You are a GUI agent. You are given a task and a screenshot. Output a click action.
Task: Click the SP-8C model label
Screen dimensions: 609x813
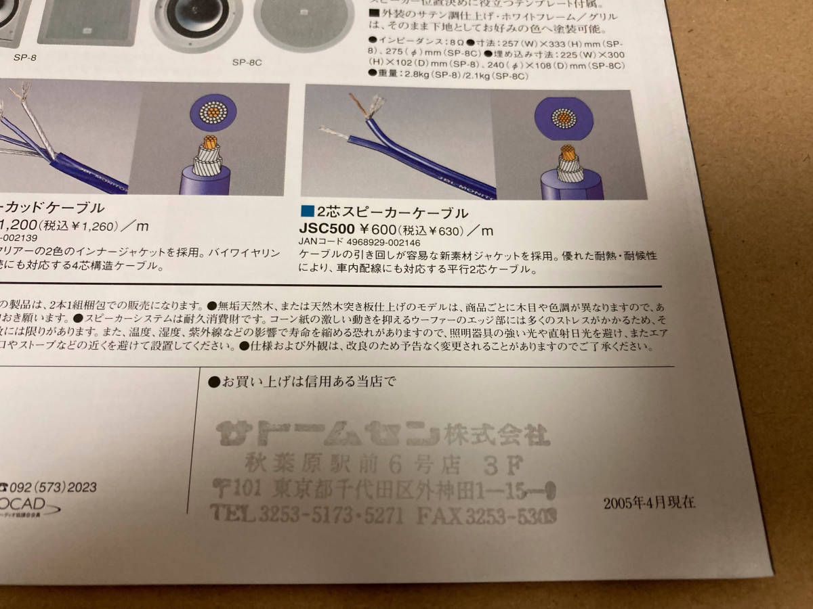pyautogui.click(x=247, y=62)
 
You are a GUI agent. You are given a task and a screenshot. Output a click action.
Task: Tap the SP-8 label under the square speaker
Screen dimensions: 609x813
pyautogui.click(x=24, y=58)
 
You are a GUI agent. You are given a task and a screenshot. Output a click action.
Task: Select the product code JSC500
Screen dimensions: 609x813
pyautogui.click(x=327, y=229)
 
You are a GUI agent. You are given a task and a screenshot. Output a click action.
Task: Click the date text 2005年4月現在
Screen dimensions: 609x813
pyautogui.click(x=648, y=502)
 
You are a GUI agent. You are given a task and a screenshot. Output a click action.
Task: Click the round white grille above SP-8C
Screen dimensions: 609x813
pyautogui.click(x=304, y=20)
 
